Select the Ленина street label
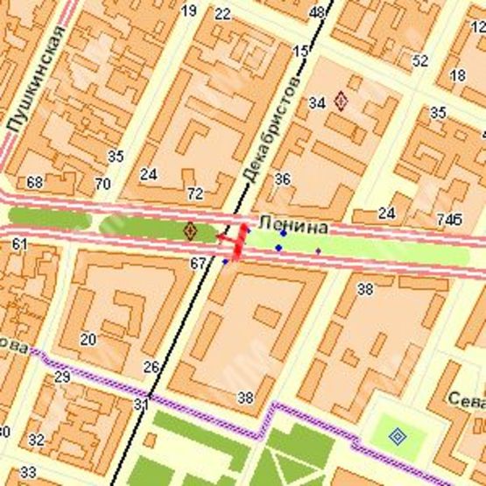(293, 227)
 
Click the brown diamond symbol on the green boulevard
(189, 231)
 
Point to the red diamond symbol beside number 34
(341, 102)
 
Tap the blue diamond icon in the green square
(397, 434)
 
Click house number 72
(194, 194)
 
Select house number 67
(197, 263)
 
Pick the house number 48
(317, 12)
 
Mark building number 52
(420, 60)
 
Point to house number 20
(88, 339)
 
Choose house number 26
(151, 366)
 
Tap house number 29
(61, 377)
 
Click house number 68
(35, 182)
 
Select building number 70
(102, 184)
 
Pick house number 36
(282, 179)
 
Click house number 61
(20, 243)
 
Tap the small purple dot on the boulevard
(318, 250)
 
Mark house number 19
(188, 11)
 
